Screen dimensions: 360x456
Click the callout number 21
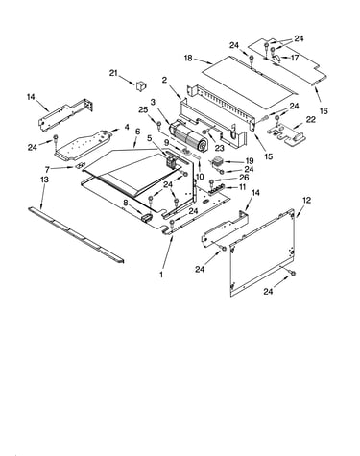(113, 73)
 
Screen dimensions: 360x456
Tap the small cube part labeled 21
(141, 85)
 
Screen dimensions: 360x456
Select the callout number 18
(188, 59)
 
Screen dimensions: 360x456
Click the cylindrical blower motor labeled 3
(188, 136)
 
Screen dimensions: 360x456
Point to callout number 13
(44, 180)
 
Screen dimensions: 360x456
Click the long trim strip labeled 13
(76, 234)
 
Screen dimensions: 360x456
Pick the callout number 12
(306, 201)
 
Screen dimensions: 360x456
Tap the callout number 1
(161, 275)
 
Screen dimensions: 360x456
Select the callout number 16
(324, 111)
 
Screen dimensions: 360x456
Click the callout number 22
(311, 119)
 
